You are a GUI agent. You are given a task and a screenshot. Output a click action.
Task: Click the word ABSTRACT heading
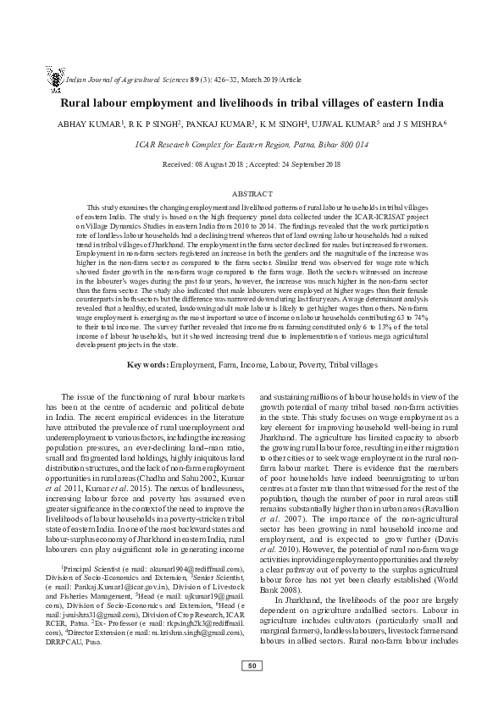point(252,194)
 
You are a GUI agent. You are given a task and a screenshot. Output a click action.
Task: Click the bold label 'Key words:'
point(147,388)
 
